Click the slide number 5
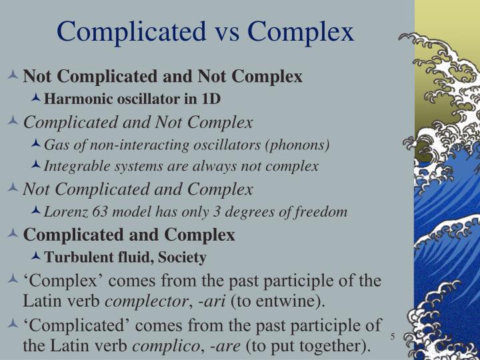(x=393, y=335)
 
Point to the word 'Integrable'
(x=74, y=166)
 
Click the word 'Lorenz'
(x=64, y=212)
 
